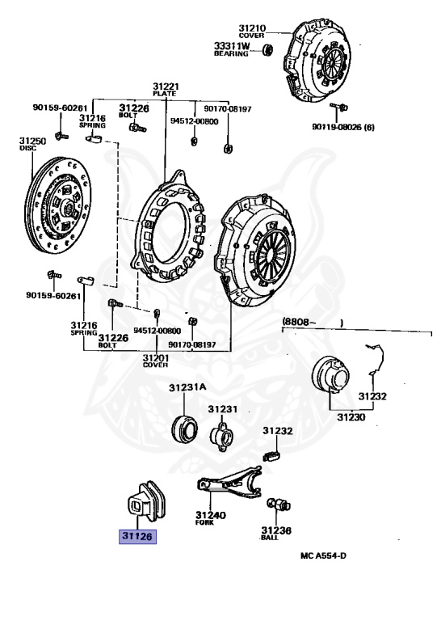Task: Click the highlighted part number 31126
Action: tap(136, 535)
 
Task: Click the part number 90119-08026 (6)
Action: tap(344, 127)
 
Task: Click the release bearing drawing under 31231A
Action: tap(186, 425)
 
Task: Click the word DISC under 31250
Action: tap(28, 149)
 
